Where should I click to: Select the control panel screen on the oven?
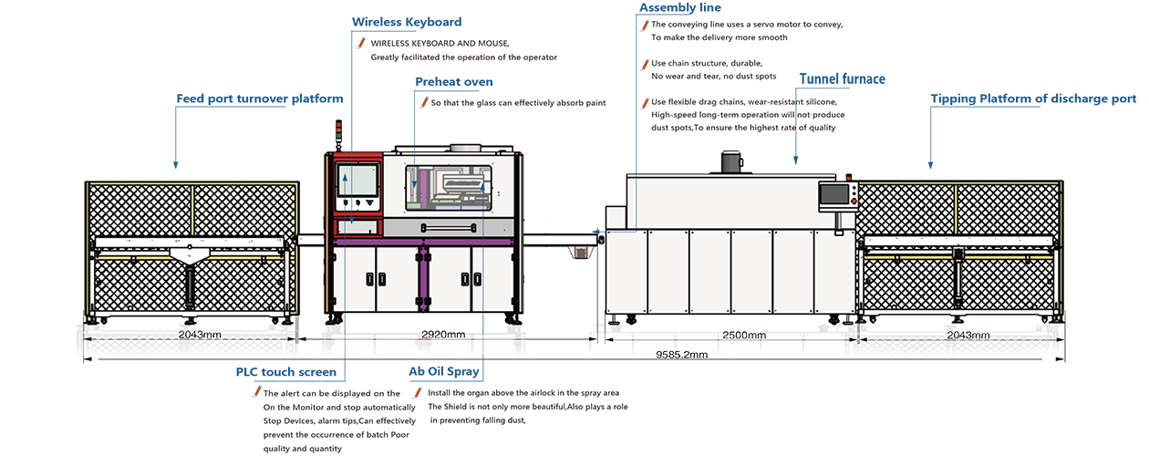(835, 194)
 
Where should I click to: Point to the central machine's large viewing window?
(451, 186)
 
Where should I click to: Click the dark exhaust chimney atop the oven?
(730, 162)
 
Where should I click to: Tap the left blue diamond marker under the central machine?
(348, 321)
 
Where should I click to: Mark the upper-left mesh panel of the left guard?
(140, 209)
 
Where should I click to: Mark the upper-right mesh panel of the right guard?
(1008, 209)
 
